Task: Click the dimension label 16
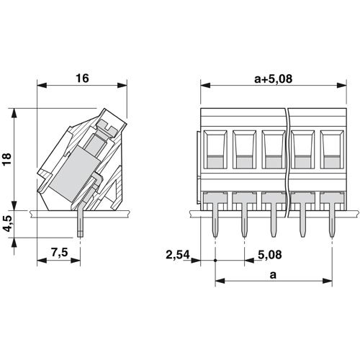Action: tap(82, 78)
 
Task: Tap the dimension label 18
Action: tap(7, 158)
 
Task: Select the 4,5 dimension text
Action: tap(7, 224)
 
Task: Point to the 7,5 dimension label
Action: tap(60, 253)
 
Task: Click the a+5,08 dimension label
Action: tap(274, 78)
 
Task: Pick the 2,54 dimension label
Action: tap(178, 255)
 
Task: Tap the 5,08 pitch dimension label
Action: tap(270, 255)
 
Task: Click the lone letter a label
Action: tap(273, 275)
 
